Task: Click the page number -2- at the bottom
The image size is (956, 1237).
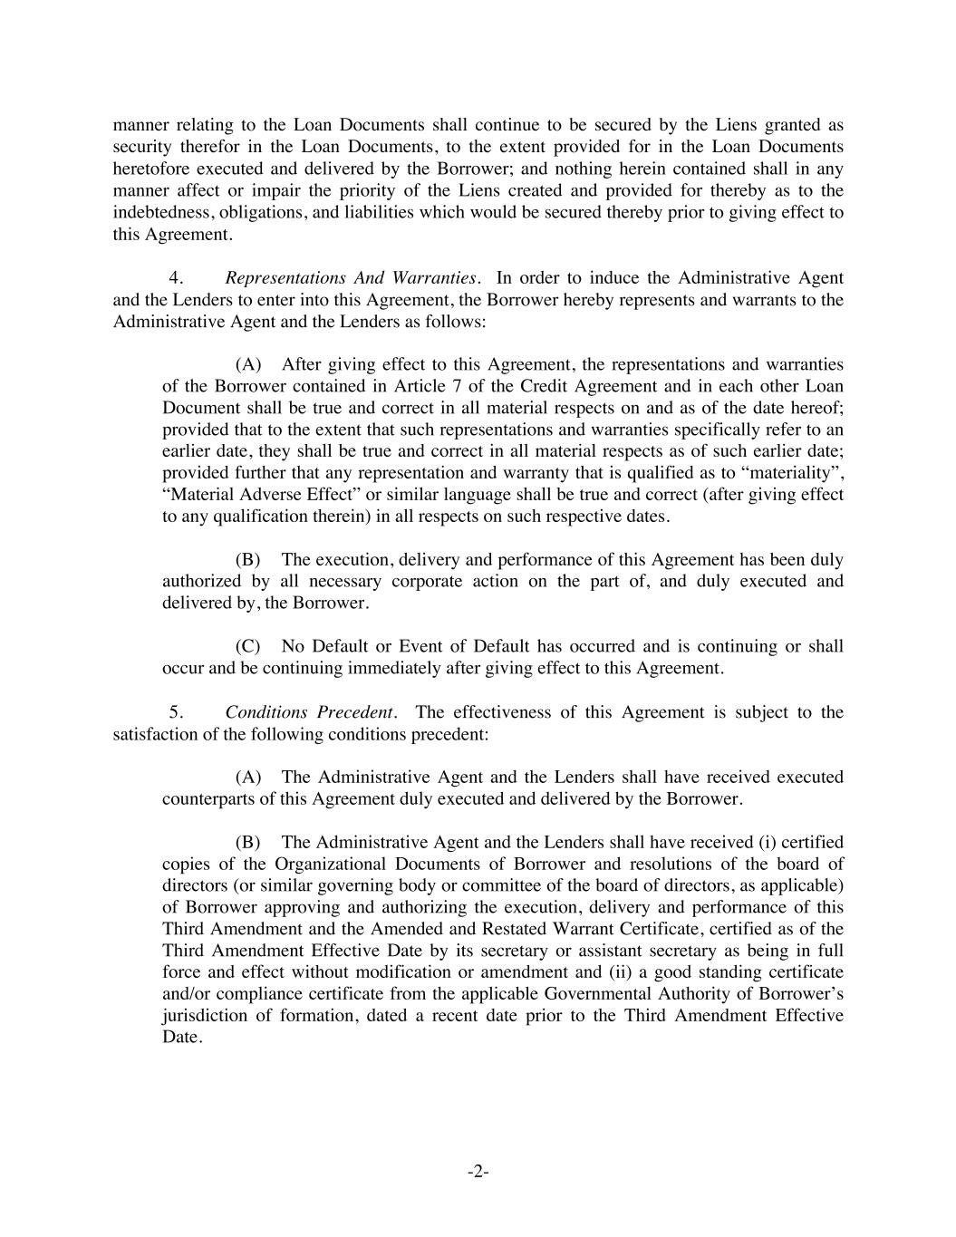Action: point(478,1172)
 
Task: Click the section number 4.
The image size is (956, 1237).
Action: point(177,277)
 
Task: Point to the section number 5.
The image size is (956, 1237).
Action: point(177,712)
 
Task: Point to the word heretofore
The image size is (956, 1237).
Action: point(151,169)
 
